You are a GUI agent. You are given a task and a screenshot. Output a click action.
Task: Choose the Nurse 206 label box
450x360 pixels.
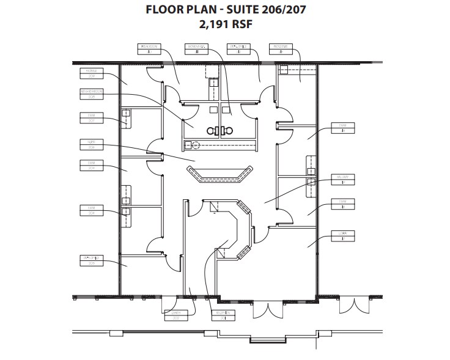point(90,144)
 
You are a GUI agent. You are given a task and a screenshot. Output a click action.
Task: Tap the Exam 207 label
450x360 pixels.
point(90,117)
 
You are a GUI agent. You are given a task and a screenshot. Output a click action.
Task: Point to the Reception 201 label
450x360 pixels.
point(219,314)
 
